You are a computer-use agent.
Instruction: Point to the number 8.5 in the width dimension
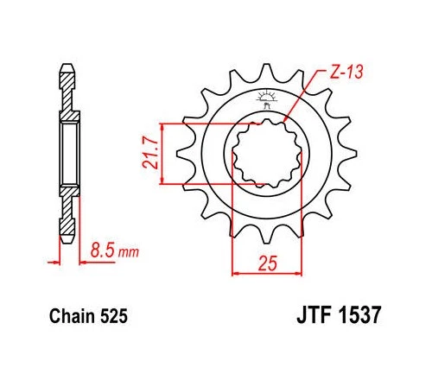click(x=103, y=252)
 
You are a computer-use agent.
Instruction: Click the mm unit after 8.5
click(x=128, y=253)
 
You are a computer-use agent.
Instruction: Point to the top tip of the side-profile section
click(x=66, y=66)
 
